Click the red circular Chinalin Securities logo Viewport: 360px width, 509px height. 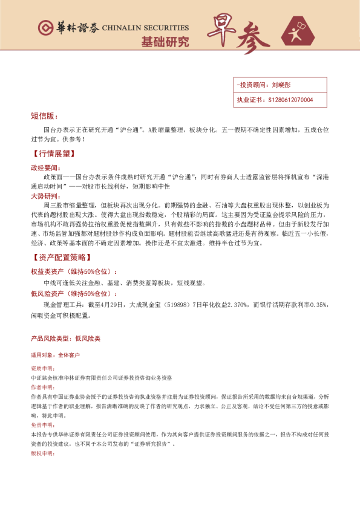tap(44, 28)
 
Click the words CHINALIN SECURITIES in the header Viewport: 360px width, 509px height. tap(145, 28)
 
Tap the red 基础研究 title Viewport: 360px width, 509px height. tap(165, 42)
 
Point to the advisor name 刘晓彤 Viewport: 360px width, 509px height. tap(282, 85)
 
